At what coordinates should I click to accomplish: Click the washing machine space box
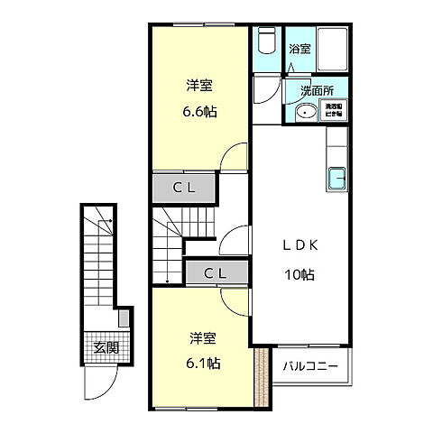tap(334, 111)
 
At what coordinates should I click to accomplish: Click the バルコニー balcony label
tap(311, 368)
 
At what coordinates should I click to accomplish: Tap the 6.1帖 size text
tap(204, 364)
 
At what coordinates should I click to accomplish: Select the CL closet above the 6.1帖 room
tap(214, 272)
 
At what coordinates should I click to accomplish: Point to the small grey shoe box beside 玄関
tap(124, 319)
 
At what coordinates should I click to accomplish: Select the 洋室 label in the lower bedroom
tap(203, 338)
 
